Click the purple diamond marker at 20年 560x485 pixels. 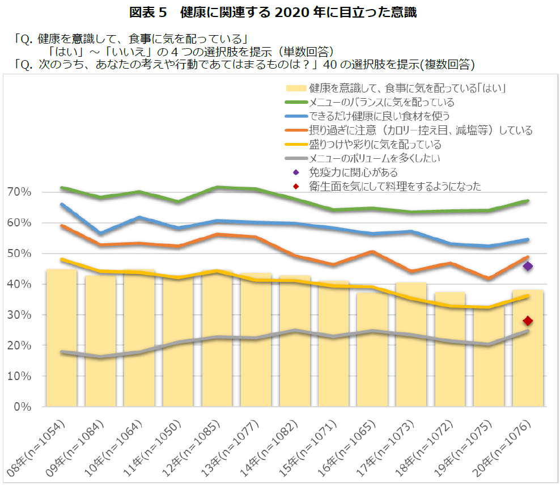coord(528,266)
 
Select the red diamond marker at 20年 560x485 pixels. coord(528,321)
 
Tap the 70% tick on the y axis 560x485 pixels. coord(19,192)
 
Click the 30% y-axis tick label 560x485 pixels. coord(19,315)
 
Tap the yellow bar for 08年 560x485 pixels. coord(61,340)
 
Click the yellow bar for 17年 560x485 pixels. coord(411,346)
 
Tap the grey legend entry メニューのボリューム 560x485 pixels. coord(374,158)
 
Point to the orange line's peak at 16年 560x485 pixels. coord(372,251)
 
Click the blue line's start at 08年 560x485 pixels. coord(61,204)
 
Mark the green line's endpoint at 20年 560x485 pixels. coord(528,201)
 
